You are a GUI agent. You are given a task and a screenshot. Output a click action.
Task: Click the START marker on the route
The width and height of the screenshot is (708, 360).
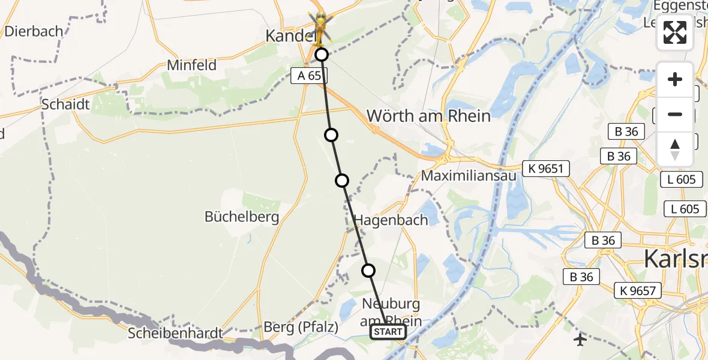[x=388, y=332]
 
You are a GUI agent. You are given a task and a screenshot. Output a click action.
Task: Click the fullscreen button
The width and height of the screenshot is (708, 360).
[x=675, y=32]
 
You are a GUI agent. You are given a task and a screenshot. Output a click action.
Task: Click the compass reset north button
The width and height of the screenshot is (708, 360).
[x=675, y=149]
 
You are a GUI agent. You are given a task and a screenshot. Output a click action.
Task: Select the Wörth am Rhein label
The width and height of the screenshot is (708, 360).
[x=428, y=115]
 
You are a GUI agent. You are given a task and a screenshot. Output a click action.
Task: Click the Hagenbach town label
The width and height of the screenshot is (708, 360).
[x=391, y=220]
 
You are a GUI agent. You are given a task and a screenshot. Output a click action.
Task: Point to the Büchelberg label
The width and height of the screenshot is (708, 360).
[x=242, y=217]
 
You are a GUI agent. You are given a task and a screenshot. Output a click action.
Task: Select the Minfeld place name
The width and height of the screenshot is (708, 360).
[x=192, y=65]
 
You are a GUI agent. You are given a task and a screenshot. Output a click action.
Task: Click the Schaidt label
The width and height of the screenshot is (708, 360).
[x=65, y=104]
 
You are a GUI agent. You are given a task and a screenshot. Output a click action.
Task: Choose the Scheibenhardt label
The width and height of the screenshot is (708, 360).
[x=175, y=333]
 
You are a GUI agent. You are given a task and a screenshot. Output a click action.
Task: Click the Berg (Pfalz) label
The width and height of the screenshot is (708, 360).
[x=301, y=328]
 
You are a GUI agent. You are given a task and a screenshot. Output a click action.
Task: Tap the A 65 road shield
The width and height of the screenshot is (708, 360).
[x=307, y=76]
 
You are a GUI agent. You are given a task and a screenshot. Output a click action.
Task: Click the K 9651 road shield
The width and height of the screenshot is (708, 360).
[x=546, y=169]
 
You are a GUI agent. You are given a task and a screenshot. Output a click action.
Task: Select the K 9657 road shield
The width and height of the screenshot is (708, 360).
[x=638, y=291]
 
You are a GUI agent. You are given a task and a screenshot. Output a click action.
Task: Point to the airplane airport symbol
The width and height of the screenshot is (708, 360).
[x=580, y=340]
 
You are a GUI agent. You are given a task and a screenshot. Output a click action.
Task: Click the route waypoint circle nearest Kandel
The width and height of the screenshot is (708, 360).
[x=322, y=55]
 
